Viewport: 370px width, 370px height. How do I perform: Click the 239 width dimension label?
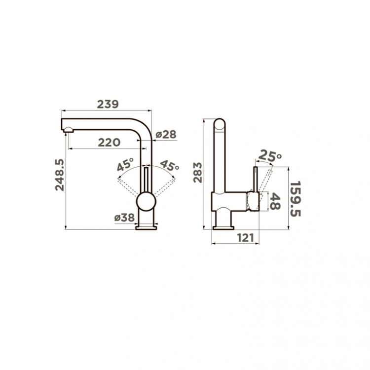tap(108, 104)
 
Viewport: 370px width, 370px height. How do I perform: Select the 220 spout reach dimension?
tap(109, 143)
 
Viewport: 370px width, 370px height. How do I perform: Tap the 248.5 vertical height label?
tap(60, 175)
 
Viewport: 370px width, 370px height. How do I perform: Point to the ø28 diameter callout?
tap(166, 135)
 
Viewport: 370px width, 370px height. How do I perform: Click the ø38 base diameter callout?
tap(124, 218)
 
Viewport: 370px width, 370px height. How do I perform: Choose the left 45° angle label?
tap(125, 164)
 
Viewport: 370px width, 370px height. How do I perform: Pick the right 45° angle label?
tap(169, 166)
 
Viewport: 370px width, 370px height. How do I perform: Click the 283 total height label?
tap(198, 173)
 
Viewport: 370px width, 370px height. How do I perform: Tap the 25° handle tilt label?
tap(270, 156)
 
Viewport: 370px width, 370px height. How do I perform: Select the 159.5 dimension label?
tap(295, 199)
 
